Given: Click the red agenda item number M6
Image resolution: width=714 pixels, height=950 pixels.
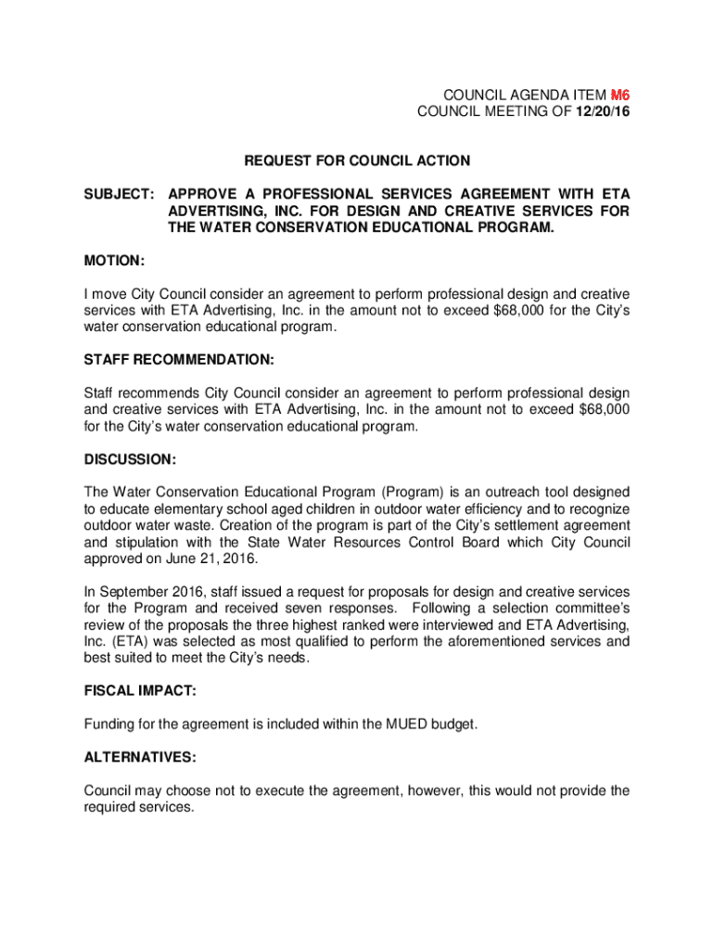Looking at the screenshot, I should pyautogui.click(x=620, y=96).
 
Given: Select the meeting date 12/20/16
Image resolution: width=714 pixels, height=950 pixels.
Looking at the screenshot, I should pyautogui.click(x=599, y=113).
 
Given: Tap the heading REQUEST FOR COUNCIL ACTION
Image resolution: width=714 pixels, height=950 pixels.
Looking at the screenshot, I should pyautogui.click(x=357, y=160).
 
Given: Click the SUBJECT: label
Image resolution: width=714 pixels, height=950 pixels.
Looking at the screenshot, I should pyautogui.click(x=120, y=193).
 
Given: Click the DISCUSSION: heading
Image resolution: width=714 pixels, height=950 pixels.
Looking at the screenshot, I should pyautogui.click(x=130, y=459).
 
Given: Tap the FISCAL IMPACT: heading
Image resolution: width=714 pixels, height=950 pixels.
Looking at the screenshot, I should pyautogui.click(x=140, y=691).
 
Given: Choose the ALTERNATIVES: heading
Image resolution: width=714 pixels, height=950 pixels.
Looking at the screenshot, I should pyautogui.click(x=140, y=757).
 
